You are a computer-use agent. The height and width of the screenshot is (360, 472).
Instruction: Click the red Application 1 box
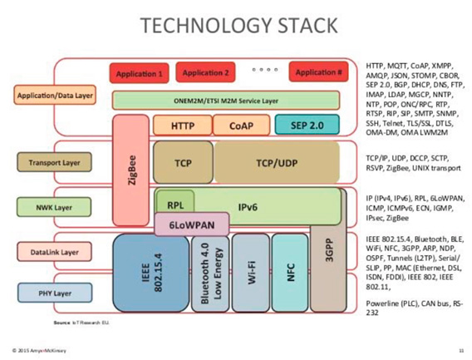pos(139,74)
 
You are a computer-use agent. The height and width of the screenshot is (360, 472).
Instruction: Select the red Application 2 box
pos(205,73)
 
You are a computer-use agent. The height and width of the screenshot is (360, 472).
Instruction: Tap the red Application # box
pos(320,73)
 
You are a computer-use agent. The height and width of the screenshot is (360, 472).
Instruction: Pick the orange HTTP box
pos(181,126)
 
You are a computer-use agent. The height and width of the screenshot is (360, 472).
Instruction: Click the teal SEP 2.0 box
pos(307,126)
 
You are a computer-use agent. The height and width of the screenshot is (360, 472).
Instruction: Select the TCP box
pos(183,164)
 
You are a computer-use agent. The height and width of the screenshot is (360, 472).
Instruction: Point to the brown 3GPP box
pos(327,249)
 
